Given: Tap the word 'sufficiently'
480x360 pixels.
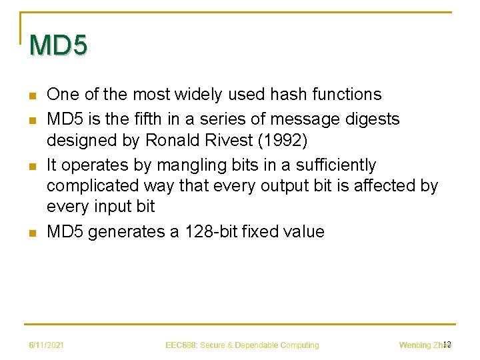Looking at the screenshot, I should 339,165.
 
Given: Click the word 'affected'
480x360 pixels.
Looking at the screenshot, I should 381,185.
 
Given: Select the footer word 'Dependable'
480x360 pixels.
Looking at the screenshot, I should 256,345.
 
